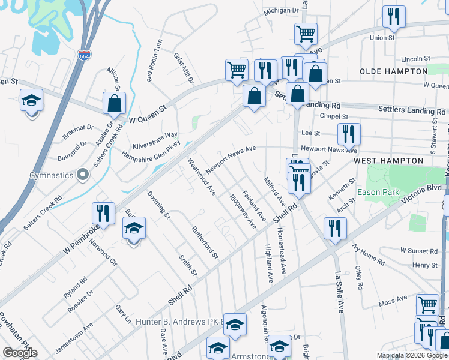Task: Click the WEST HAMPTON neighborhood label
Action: (x=388, y=161)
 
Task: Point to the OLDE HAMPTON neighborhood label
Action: (x=393, y=71)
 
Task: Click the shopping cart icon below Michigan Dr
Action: (x=306, y=34)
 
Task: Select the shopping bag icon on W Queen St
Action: (x=113, y=103)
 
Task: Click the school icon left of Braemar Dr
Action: (x=31, y=100)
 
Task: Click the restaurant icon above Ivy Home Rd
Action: (x=335, y=227)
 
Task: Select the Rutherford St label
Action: (x=203, y=238)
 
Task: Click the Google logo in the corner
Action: (x=20, y=353)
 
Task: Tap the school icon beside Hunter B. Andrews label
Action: (x=235, y=324)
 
